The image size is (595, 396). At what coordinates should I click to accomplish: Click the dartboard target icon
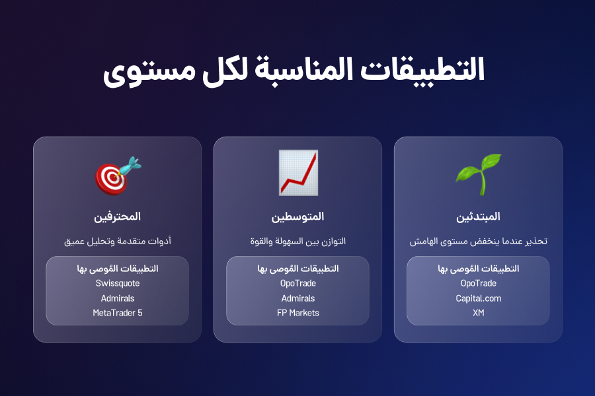(118, 176)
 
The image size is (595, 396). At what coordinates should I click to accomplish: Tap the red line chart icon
(298, 173)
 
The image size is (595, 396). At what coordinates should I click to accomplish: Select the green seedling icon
(479, 174)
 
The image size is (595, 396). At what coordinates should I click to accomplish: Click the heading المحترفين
(117, 216)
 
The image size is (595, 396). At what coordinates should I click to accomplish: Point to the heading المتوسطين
(298, 216)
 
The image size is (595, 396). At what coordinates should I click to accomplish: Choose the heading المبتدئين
(478, 216)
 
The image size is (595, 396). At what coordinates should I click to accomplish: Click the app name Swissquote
(118, 283)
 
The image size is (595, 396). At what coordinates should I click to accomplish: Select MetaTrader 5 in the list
(118, 313)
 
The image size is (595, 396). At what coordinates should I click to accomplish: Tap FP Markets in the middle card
(298, 313)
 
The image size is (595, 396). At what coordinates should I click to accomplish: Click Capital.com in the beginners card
(479, 298)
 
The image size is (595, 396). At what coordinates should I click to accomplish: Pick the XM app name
(479, 313)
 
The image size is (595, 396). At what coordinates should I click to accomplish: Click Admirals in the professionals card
(118, 298)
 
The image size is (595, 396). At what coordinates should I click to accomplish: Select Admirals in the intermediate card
(298, 298)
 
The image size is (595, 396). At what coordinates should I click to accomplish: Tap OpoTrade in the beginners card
(479, 283)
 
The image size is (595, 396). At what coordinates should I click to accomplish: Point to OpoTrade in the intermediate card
(298, 283)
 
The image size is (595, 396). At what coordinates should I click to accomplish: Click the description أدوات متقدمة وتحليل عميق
(118, 241)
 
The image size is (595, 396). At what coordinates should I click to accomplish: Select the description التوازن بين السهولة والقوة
(298, 241)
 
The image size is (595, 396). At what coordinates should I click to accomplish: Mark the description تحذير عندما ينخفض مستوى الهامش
(479, 241)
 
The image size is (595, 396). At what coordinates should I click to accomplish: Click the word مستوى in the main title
(149, 72)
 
